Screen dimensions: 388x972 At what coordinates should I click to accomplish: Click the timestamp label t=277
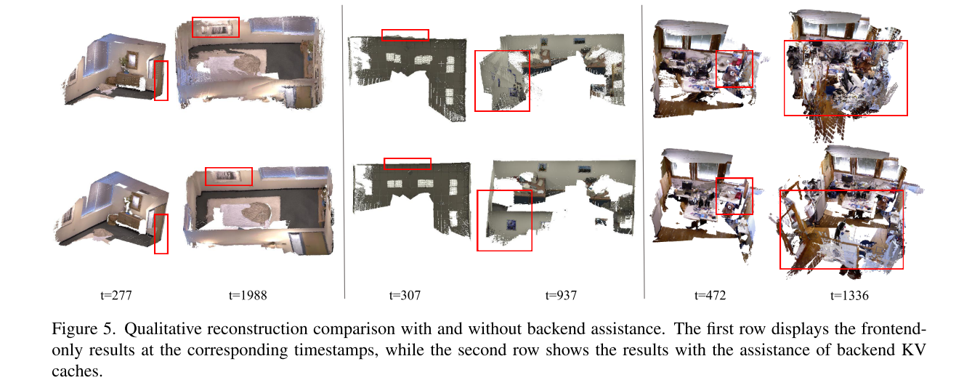(116, 296)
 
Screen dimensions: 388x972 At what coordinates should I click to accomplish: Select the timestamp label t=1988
(248, 296)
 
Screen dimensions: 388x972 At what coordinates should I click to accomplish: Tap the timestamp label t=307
(405, 296)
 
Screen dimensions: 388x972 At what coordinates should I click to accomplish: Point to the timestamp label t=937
(562, 296)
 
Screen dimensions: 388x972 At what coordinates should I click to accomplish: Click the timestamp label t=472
(710, 296)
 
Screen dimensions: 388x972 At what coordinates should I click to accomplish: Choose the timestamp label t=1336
(849, 296)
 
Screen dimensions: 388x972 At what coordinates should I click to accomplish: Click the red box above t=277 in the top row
(161, 81)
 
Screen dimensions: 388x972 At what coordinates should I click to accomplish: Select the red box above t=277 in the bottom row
(161, 234)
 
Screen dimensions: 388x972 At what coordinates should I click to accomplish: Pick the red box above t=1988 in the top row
(215, 27)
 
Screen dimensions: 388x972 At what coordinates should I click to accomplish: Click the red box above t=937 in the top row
(502, 81)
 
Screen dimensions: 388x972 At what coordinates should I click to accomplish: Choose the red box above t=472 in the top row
(734, 69)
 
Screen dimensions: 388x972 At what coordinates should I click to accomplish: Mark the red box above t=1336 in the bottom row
(841, 230)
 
